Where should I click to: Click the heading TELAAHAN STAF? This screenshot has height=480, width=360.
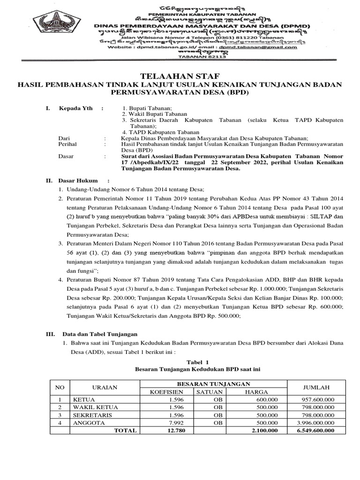180,76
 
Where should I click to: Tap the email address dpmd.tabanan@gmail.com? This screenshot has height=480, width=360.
267,47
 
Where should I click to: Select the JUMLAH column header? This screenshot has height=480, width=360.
316,387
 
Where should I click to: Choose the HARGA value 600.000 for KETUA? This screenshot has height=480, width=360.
267,400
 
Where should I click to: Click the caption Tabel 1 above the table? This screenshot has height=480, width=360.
197,362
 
